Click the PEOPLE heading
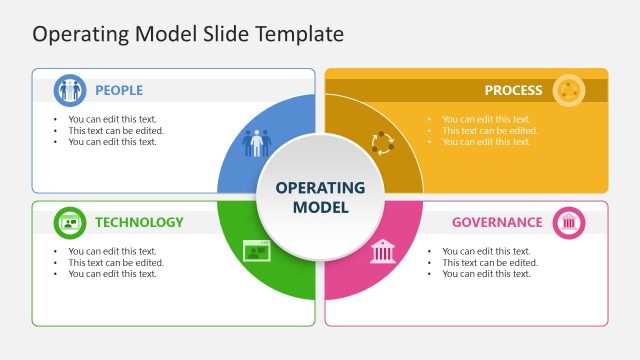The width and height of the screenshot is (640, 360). click(119, 90)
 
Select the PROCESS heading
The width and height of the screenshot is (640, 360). click(513, 90)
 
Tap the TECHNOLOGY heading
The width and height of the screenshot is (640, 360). click(139, 222)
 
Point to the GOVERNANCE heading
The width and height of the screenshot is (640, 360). click(497, 222)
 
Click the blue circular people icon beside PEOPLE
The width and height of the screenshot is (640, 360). click(69, 90)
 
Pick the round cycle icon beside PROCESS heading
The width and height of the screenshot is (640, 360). click(569, 90)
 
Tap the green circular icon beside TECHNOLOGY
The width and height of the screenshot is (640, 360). click(69, 222)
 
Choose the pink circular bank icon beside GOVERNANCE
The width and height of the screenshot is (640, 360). click(569, 222)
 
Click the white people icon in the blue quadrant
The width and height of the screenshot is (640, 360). click(257, 143)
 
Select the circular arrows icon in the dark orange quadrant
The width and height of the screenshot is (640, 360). click(383, 143)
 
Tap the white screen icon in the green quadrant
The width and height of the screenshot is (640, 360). click(257, 251)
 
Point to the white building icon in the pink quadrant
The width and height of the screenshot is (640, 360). click(383, 251)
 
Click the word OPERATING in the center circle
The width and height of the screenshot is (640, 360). click(320, 188)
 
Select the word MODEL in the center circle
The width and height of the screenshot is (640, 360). click(320, 208)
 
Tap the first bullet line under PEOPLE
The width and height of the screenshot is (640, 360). click(112, 119)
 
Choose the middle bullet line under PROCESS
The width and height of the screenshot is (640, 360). click(490, 130)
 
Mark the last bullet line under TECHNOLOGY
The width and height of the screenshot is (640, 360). click(112, 274)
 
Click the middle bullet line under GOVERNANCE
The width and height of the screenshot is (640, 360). click(490, 263)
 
